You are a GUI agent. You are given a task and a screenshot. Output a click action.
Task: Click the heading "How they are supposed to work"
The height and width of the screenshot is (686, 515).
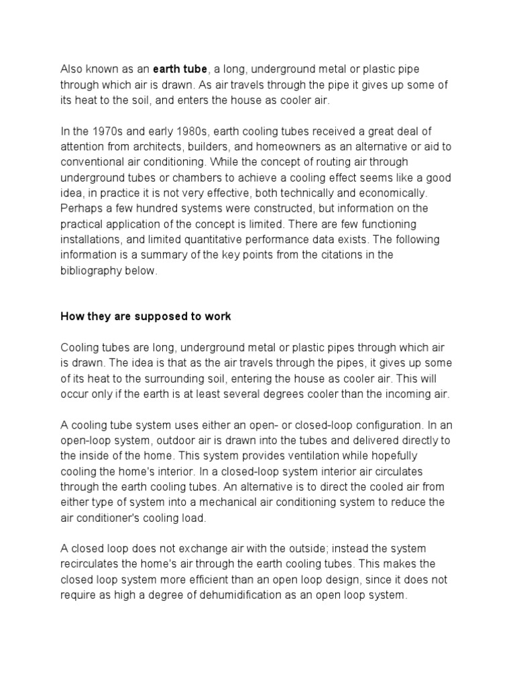[146, 316]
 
